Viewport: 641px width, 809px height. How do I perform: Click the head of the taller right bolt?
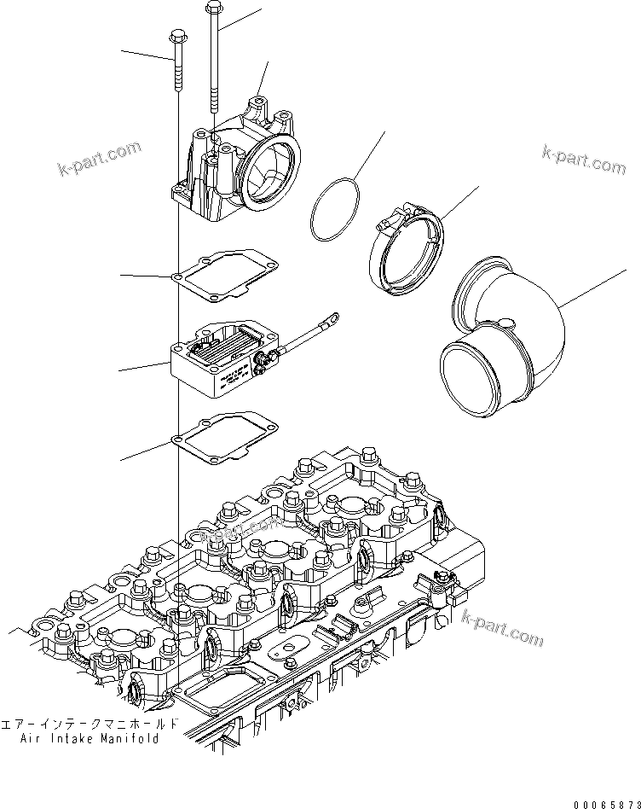point(213,9)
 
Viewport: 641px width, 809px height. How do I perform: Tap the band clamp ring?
point(407,256)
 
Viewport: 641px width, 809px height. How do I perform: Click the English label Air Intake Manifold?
point(90,739)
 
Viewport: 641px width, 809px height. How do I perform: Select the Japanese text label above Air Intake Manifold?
point(90,723)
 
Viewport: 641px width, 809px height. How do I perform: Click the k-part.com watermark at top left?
point(100,158)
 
